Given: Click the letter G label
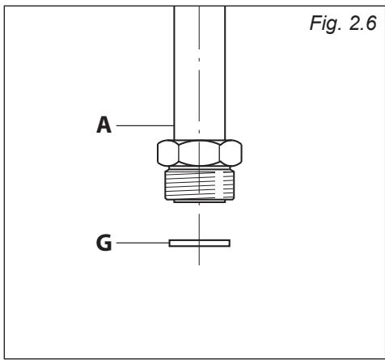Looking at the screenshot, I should coord(104,242).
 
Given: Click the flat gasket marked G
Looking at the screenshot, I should coord(199,242).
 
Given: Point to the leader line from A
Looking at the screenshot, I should coord(146,125).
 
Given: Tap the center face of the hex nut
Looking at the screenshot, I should coord(199,151).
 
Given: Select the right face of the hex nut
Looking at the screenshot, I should coord(232,151).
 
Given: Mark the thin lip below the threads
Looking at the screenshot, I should coord(199,205).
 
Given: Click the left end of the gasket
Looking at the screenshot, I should coord(171,242).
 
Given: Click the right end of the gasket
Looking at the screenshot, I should coord(228,242).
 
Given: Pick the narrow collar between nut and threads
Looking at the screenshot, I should coord(199,167).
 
